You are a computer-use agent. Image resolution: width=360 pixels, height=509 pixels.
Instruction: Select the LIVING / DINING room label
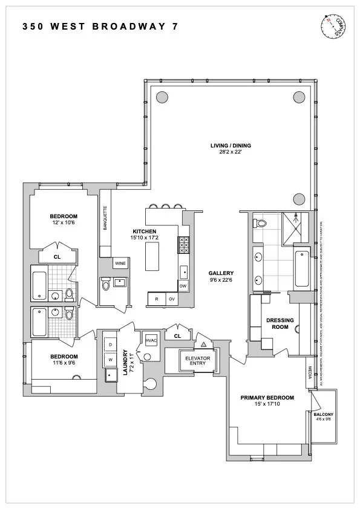pyautogui.click(x=231, y=146)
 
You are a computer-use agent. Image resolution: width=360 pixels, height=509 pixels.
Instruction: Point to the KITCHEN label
pyautogui.click(x=145, y=232)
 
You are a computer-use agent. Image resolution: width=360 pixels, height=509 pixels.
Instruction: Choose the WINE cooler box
pyautogui.click(x=120, y=264)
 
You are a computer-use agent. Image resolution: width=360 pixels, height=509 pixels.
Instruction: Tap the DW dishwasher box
pyautogui.click(x=183, y=286)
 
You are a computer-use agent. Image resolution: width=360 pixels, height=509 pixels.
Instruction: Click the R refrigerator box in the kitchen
pyautogui.click(x=157, y=299)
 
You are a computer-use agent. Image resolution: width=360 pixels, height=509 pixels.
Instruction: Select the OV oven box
pyautogui.click(x=172, y=299)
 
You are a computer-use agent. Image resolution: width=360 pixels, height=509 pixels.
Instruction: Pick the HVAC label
pyautogui.click(x=151, y=341)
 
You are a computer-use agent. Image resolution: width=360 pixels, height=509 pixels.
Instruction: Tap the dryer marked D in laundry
pyautogui.click(x=111, y=345)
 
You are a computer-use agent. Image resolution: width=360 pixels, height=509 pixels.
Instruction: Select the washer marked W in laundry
pyautogui.click(x=111, y=360)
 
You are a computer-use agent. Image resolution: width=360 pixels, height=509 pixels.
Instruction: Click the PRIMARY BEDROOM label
pyautogui.click(x=267, y=397)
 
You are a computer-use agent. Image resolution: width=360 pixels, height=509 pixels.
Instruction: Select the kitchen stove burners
pyautogui.click(x=183, y=245)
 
